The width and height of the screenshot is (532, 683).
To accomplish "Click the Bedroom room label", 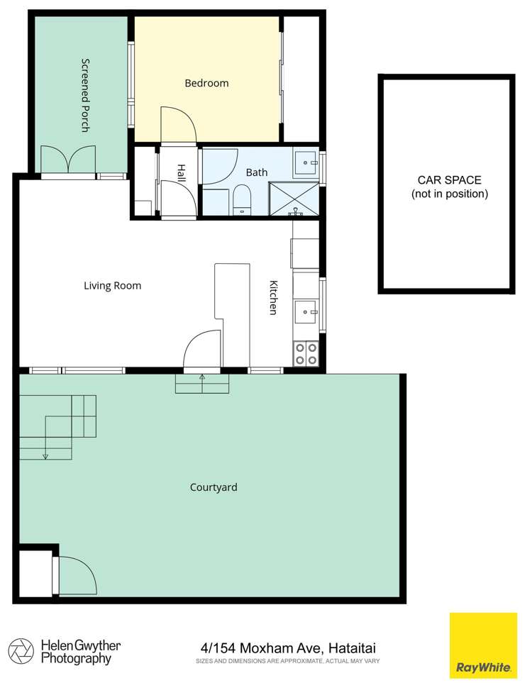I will click(x=206, y=83).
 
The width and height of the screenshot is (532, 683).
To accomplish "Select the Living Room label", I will click(x=112, y=286).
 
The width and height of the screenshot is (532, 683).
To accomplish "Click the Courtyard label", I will click(x=213, y=487).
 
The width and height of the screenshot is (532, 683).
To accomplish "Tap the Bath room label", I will click(x=256, y=172).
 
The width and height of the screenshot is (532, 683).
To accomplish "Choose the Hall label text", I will click(x=182, y=172).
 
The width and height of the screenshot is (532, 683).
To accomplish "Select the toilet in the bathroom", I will click(x=242, y=199).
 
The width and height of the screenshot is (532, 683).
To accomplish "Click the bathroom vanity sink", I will click(x=306, y=163).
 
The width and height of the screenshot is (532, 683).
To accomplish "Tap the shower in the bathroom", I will click(x=294, y=199).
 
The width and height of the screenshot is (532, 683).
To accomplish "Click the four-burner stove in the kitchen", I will click(x=306, y=354).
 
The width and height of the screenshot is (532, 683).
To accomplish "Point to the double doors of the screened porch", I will click(x=68, y=159).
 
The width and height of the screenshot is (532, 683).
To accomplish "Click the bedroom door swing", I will click(x=178, y=124).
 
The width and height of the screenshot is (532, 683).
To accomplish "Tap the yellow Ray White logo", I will click(x=483, y=645).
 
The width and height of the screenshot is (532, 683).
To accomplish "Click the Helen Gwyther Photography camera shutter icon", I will click(x=21, y=650).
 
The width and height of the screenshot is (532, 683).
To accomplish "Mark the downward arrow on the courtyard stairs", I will click(x=45, y=455).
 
